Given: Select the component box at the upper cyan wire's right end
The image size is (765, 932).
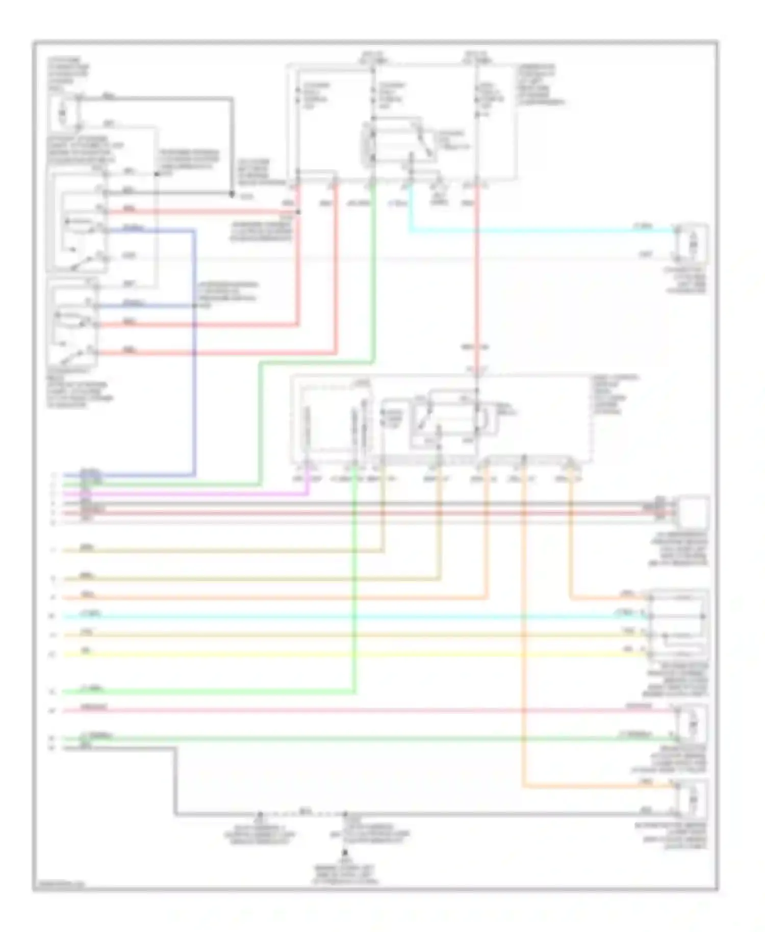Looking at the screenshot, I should [x=692, y=245].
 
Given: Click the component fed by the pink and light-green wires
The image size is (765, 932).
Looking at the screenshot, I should [x=692, y=724].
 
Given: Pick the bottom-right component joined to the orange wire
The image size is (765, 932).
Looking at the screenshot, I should [x=692, y=799].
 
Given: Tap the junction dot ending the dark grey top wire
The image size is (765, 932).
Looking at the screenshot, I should [x=232, y=194].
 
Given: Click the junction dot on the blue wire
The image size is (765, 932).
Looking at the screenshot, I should [x=194, y=306].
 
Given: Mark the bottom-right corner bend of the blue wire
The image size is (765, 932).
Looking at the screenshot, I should [x=194, y=475].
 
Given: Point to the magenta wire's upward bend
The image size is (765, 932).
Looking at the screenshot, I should [x=308, y=493].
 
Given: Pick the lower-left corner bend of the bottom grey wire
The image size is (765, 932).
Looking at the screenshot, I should [x=176, y=814].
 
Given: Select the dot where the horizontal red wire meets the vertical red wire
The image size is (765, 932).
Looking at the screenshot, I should [x=298, y=212].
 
